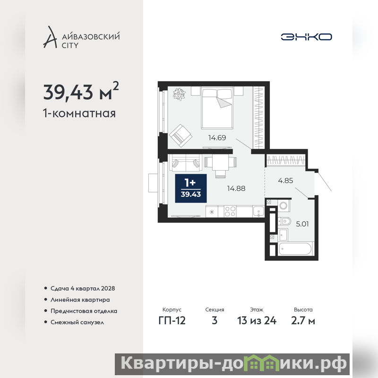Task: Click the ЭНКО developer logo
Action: pos(306,37)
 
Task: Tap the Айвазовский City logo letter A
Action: pos(50,37)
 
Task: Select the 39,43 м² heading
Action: pos(81,91)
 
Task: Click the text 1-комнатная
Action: pos(79,113)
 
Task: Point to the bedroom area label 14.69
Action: pos(217,137)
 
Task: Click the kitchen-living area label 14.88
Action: pos(236,188)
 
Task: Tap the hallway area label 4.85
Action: pos(285,180)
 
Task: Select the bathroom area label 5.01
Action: pos(302,224)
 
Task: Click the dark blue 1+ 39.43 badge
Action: pos(191,188)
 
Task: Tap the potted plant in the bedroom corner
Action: pos(180,94)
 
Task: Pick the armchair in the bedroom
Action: pos(180,136)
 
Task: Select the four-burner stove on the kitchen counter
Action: pos(230,211)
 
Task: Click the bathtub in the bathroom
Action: pos(295,249)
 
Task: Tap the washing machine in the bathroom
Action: pos(283,206)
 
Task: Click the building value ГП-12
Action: pos(172,321)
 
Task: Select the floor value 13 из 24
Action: pos(257,321)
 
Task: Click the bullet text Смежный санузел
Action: pos(77,322)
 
